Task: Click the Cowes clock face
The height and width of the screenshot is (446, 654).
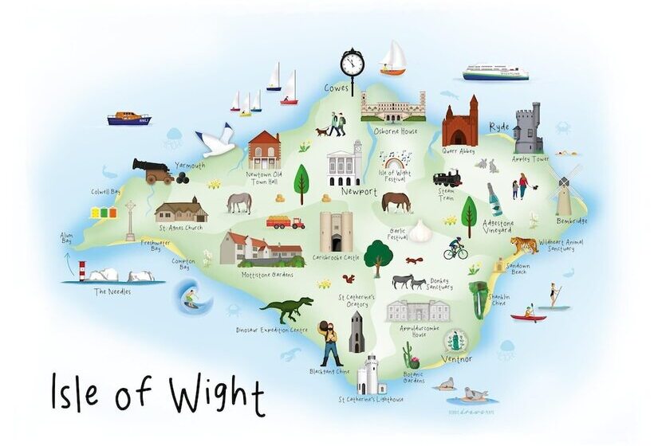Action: click(x=352, y=61)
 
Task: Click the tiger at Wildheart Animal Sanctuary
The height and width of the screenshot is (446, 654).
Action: click(x=525, y=245)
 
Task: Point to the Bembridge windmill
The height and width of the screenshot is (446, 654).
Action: click(x=564, y=191)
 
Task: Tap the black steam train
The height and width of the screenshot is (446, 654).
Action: click(x=448, y=178)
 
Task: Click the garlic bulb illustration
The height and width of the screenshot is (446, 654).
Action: click(x=420, y=231)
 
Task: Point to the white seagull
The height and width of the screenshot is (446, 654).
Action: click(x=215, y=142)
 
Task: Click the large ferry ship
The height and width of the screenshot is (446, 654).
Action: click(x=495, y=73)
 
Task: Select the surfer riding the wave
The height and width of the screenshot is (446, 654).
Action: click(x=189, y=301)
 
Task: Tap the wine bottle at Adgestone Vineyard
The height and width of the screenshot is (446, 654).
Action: click(x=494, y=199)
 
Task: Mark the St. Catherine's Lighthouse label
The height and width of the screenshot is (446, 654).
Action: click(x=370, y=399)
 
